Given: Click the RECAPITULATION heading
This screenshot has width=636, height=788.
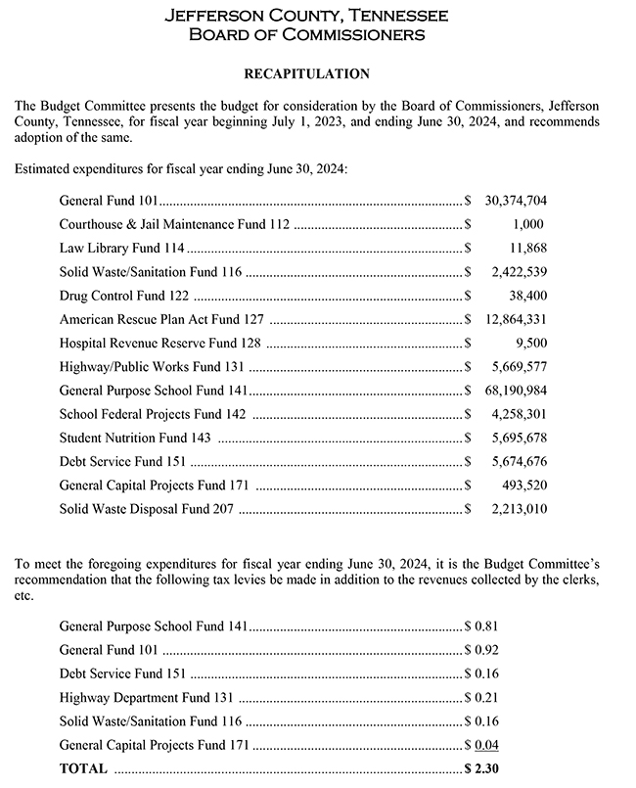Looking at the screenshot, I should [306, 73].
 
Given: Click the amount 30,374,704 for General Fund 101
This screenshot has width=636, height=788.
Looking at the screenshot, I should [516, 201].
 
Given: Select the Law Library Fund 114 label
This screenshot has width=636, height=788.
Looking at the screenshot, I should [121, 248].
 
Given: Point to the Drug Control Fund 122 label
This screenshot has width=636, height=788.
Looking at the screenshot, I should [124, 296].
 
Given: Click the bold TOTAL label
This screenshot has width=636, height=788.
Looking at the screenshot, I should [83, 769].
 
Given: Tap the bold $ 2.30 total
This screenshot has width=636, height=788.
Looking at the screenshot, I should [481, 769].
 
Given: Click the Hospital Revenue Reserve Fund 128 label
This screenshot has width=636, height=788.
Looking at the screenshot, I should [161, 343].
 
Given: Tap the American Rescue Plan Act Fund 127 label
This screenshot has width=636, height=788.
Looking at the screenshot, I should [161, 319].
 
